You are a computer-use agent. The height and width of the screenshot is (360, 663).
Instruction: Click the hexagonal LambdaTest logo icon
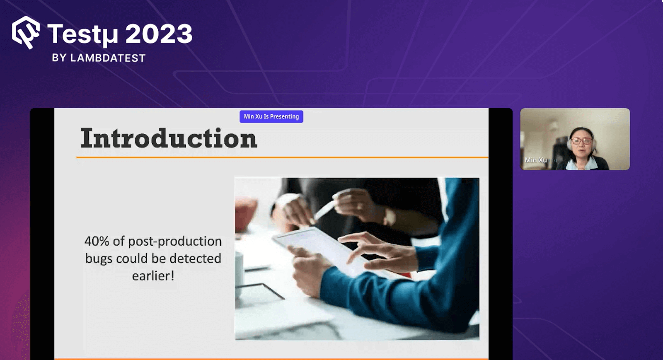pos(26,32)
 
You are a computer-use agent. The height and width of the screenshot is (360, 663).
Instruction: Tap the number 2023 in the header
pos(159,34)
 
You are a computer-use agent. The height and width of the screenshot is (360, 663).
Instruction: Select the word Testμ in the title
pos(82,34)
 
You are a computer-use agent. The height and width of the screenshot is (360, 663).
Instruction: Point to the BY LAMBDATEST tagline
pos(99,58)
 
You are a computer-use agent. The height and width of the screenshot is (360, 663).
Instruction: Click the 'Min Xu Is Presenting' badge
pos(271,116)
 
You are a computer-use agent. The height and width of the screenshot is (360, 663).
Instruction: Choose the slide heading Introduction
pos(169,138)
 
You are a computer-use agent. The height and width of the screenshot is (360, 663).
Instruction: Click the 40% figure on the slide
pos(97,242)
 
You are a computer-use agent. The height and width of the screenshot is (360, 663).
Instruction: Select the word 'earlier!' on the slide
pos(153,276)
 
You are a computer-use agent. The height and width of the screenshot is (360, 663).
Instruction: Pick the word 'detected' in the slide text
pos(195,259)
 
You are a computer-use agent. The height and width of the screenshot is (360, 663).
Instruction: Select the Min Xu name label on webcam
pos(536,160)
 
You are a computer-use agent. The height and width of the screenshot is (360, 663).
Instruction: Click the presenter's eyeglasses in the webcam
pos(582,141)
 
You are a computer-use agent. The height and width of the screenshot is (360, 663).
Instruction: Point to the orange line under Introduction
pos(282,157)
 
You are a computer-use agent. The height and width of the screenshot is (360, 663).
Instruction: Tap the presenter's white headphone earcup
pos(569,145)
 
